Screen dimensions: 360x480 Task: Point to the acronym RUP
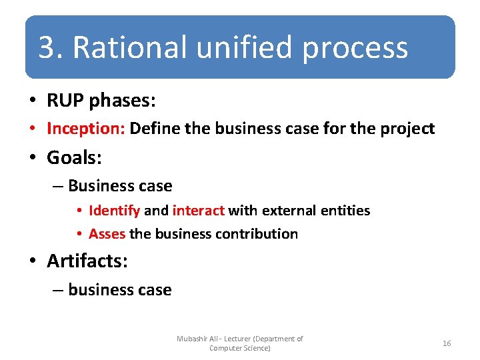click(65, 101)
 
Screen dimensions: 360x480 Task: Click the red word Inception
click(86, 129)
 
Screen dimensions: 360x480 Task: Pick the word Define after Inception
click(155, 129)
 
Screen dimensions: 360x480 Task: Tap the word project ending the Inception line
click(407, 129)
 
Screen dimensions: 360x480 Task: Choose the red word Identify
click(114, 211)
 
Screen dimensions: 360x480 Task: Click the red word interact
click(198, 211)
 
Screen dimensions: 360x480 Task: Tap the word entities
click(345, 211)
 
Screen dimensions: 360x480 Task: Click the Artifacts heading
click(87, 261)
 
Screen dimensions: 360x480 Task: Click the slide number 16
click(447, 343)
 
